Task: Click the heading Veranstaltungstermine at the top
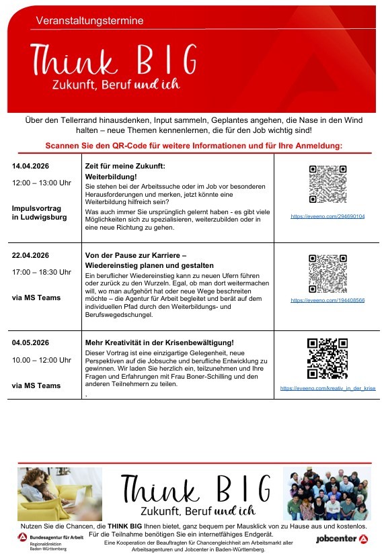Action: [x=89, y=21]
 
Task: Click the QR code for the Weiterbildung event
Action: [x=327, y=183]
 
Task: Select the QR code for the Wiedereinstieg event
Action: [x=327, y=273]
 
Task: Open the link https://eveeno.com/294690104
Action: [x=327, y=217]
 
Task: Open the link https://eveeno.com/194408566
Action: [x=327, y=301]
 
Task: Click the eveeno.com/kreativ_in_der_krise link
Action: [x=327, y=388]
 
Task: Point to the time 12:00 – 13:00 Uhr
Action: [x=42, y=183]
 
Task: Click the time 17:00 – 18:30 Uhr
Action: [x=42, y=272]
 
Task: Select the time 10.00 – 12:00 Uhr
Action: [x=42, y=360]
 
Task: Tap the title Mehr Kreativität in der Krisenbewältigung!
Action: [x=159, y=343]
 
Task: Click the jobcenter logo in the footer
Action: [x=342, y=539]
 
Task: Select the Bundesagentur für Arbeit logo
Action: [x=50, y=539]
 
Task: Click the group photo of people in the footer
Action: [x=327, y=494]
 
